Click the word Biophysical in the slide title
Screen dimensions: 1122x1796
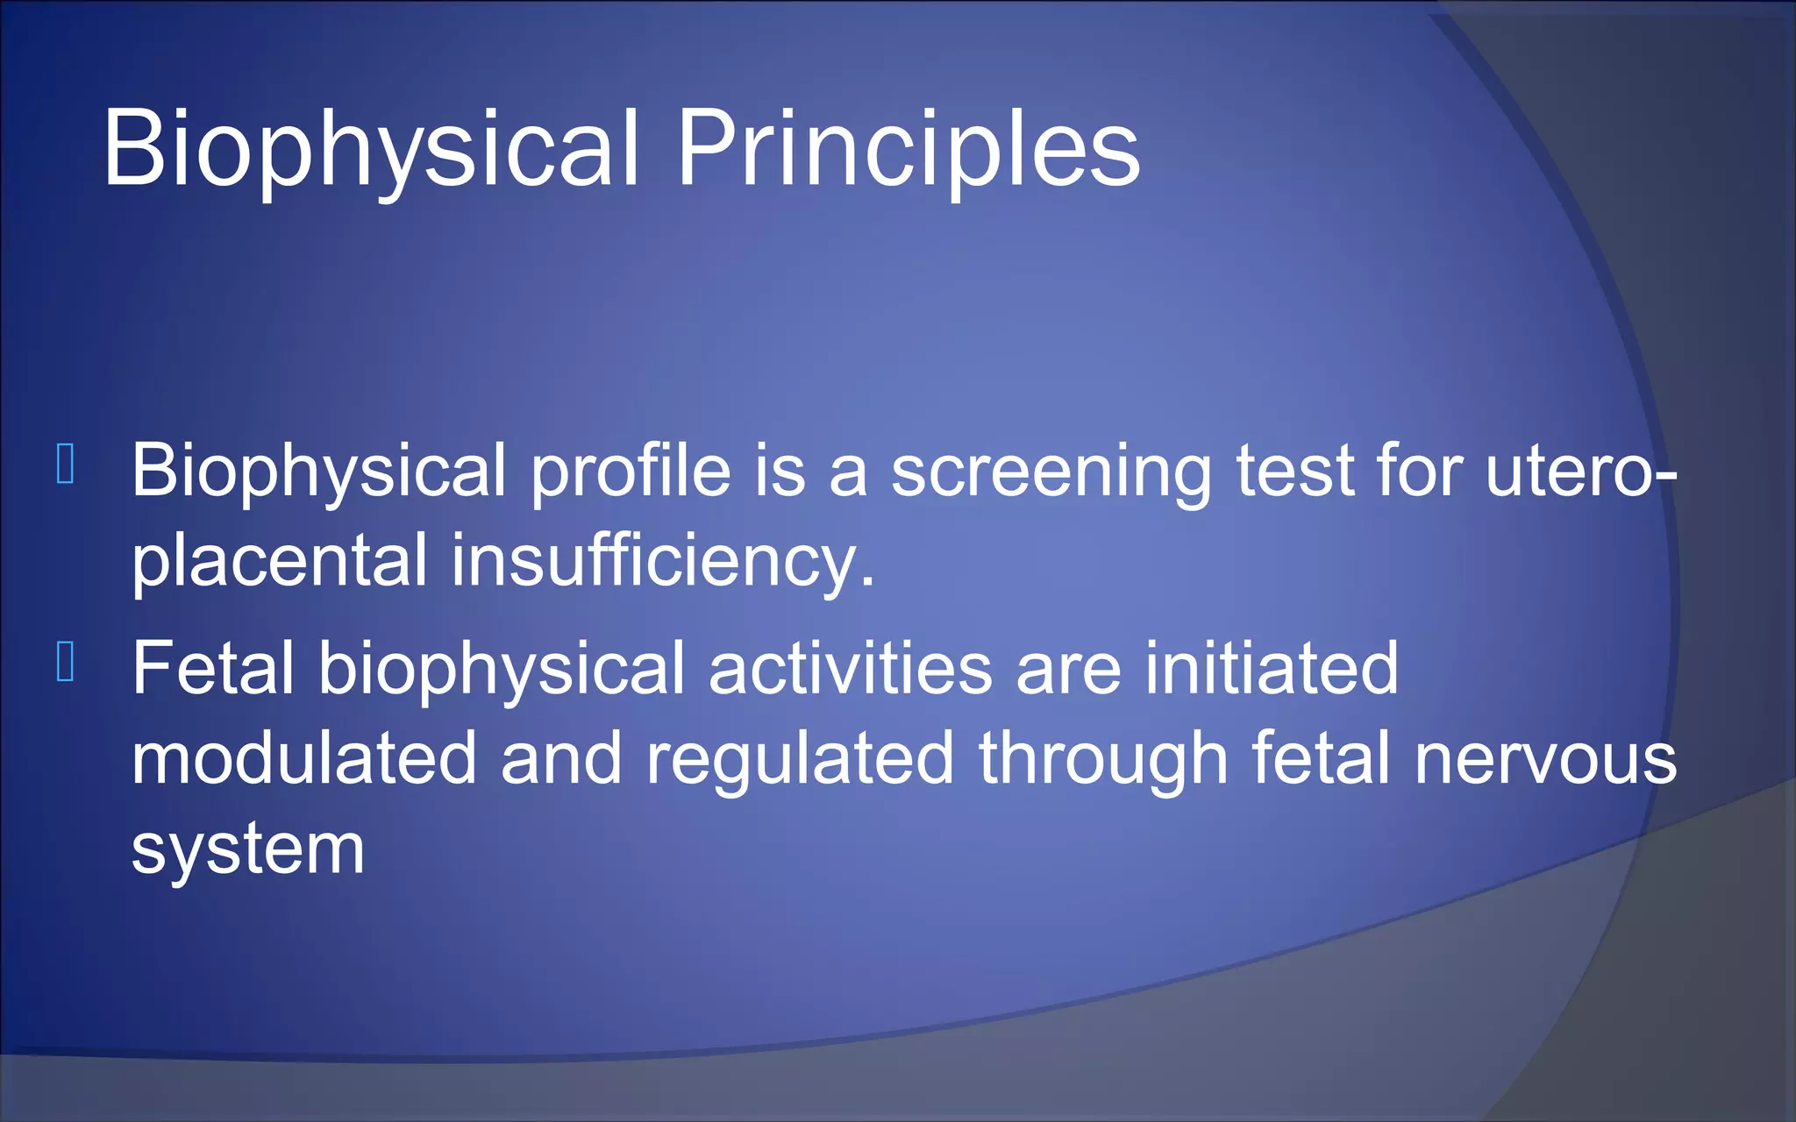coord(370,149)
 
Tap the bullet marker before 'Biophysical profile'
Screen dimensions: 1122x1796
coord(65,465)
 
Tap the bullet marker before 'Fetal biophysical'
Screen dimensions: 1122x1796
coord(65,663)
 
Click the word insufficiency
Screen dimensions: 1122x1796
coord(662,561)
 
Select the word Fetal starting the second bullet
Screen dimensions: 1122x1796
coord(213,669)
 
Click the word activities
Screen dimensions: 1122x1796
coord(850,669)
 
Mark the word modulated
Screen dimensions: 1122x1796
coord(303,759)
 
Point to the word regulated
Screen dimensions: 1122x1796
coord(800,759)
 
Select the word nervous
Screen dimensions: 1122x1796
coord(1545,759)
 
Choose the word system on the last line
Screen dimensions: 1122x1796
coord(247,850)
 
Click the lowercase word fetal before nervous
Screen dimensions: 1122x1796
coord(1321,759)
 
